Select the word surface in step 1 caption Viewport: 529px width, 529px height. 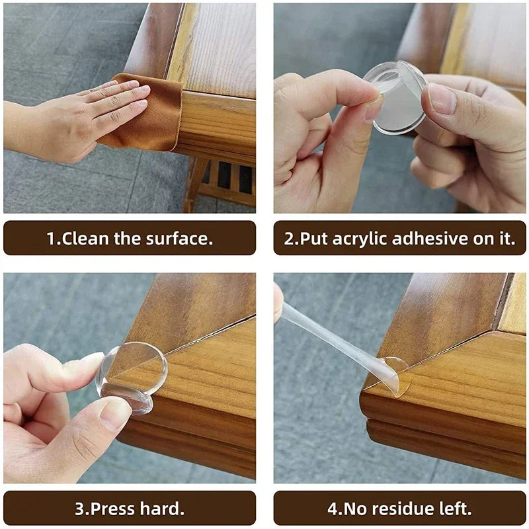coord(182,239)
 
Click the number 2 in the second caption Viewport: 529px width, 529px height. coord(289,239)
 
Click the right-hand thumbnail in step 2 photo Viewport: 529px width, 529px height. coord(442,99)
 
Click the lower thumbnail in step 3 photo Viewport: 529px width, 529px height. coord(116,413)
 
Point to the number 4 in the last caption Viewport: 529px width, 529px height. coord(331,509)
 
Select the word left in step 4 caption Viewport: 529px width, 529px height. coord(456,509)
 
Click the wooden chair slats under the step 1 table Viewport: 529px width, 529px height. coord(225,179)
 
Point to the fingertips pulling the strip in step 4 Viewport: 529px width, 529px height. coord(278,304)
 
